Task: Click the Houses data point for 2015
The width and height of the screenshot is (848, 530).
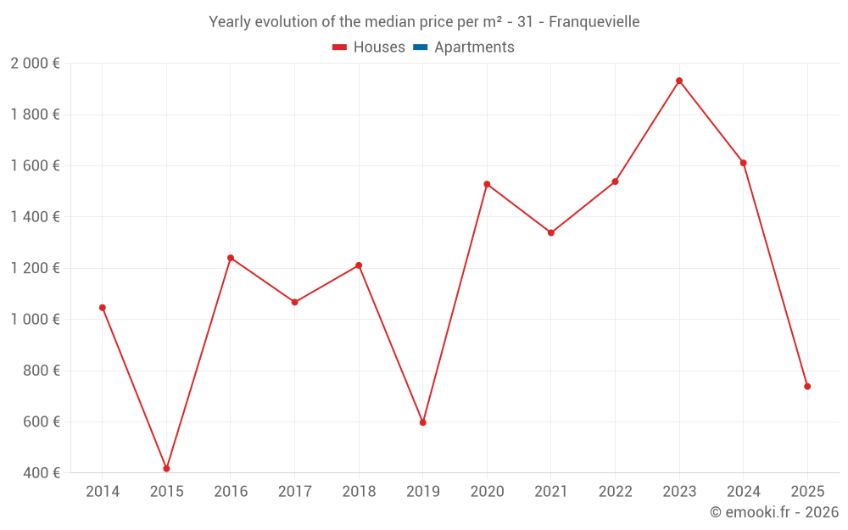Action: coord(166,468)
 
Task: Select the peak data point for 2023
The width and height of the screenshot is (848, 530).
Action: coord(679,81)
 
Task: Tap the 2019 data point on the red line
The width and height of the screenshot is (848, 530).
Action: coord(423,422)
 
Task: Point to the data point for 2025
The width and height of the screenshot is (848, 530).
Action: coord(807,387)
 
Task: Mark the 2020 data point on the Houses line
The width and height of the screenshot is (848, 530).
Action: coord(487,184)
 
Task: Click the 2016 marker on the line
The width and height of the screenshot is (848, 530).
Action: coord(231,258)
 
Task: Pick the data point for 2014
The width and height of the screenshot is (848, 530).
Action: coord(103,308)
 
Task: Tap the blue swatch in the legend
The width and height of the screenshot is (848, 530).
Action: coord(420,47)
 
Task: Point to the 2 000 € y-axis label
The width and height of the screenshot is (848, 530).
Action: coord(35,64)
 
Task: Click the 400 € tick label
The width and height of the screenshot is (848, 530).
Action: coord(40,473)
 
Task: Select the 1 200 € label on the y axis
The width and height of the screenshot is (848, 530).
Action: coord(35,268)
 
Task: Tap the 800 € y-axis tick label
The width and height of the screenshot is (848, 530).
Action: coord(40,371)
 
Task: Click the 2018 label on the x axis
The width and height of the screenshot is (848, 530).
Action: coord(359,492)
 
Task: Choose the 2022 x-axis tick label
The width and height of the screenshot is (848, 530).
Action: coord(615,492)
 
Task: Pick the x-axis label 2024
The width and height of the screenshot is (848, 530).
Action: coord(743,492)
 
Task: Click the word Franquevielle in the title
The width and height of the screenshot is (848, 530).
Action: coord(594,21)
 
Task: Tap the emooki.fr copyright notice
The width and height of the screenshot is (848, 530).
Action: coord(774,512)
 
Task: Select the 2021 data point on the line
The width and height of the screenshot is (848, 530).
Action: coord(551,232)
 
